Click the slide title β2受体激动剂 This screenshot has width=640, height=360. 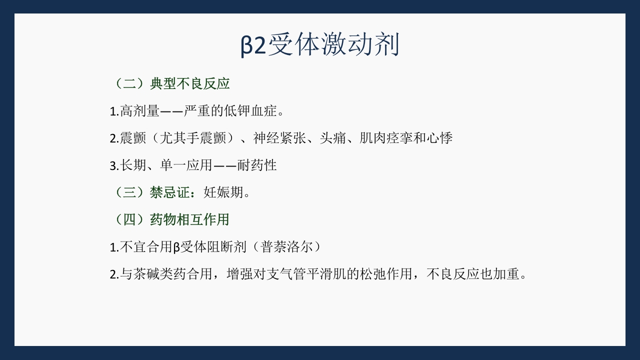pyautogui.click(x=320, y=45)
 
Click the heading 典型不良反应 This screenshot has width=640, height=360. pyautogui.click(x=190, y=83)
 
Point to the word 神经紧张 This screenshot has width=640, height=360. pyautogui.click(x=279, y=138)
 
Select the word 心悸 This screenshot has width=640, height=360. pyautogui.click(x=439, y=138)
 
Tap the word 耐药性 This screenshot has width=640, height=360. pyautogui.click(x=257, y=165)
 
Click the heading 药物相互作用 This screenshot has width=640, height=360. pyautogui.click(x=190, y=219)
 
